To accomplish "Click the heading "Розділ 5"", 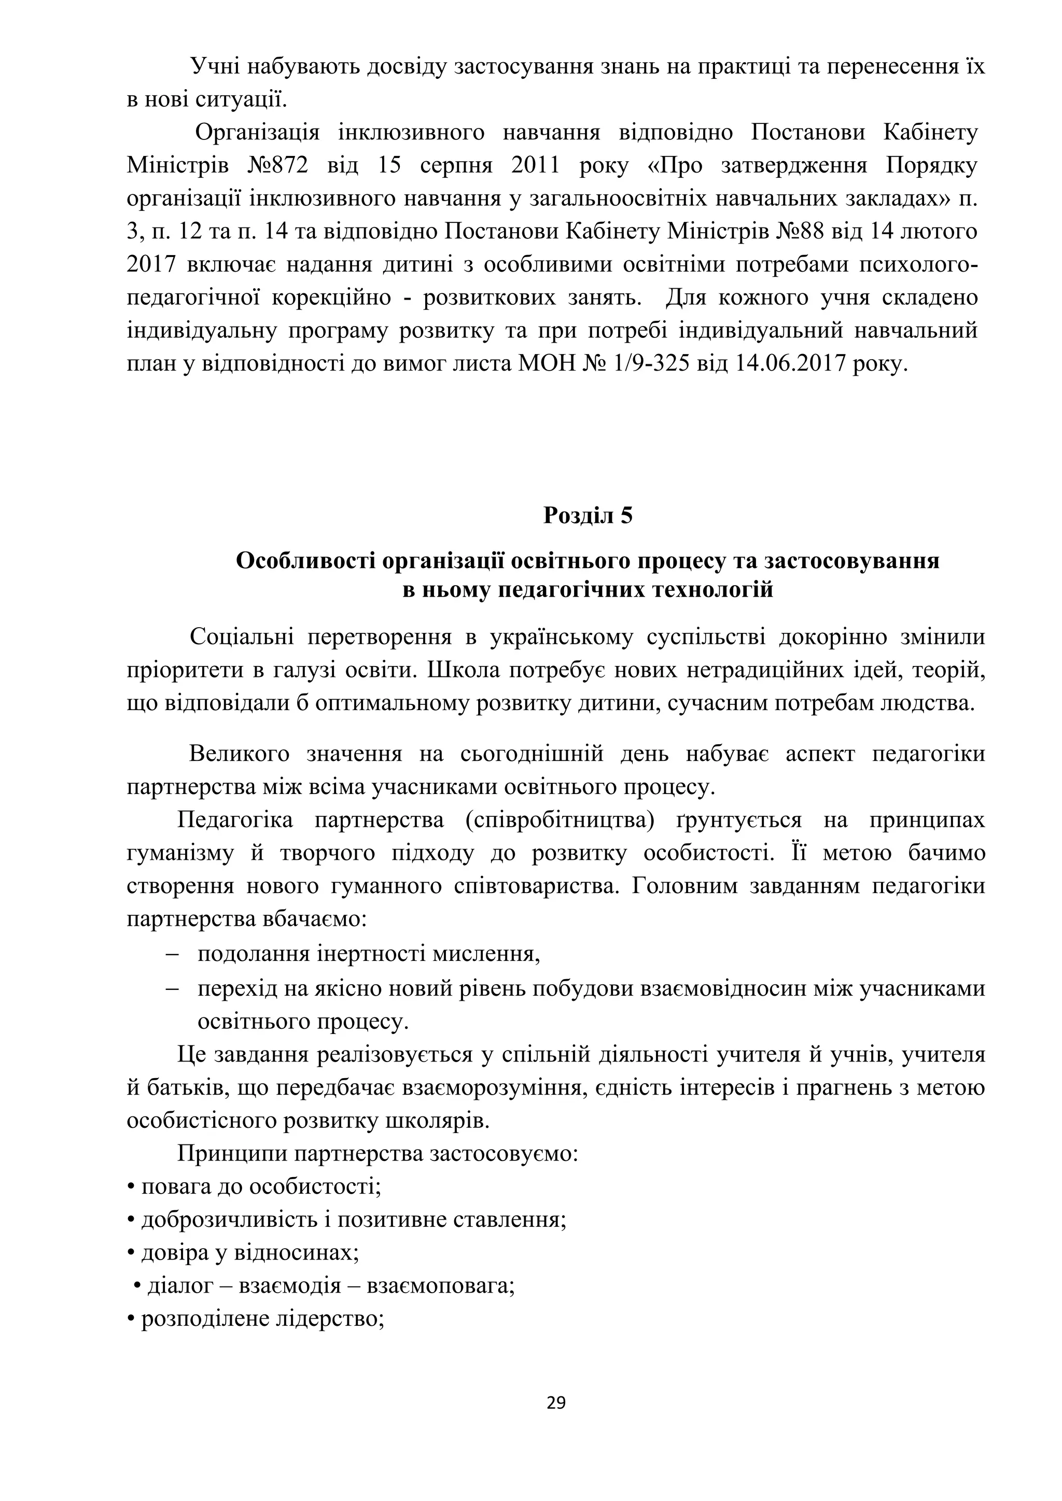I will pos(588,516).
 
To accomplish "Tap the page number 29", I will pos(556,1403).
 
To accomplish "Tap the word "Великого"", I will pos(240,754).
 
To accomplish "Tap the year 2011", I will pos(536,165).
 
